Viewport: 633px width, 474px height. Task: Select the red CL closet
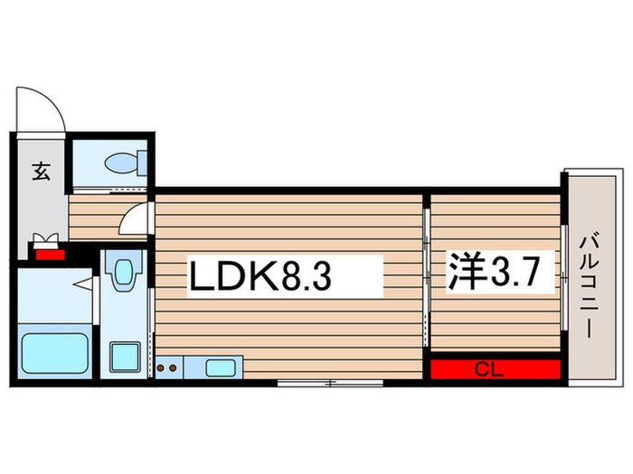click(x=495, y=369)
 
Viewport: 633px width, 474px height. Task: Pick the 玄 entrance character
click(x=41, y=171)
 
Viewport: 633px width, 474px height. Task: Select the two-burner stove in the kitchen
click(x=168, y=367)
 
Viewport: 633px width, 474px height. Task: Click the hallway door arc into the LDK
click(x=137, y=218)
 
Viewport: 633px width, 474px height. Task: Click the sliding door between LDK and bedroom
click(x=426, y=271)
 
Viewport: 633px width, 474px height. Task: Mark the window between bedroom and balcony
click(x=563, y=271)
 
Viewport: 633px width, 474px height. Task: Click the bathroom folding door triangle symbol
click(x=82, y=287)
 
